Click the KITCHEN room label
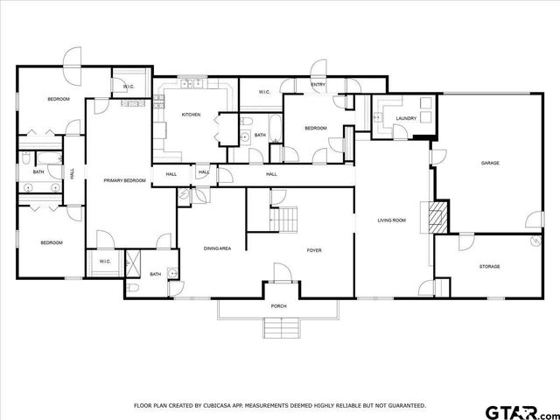click(x=191, y=115)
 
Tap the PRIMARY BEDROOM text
click(x=124, y=180)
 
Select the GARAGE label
click(x=489, y=163)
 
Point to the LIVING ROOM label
click(x=391, y=220)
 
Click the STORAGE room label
click(x=489, y=266)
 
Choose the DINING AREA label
click(x=217, y=248)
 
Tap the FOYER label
click(x=313, y=250)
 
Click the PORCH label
click(x=278, y=306)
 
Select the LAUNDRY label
click(x=405, y=118)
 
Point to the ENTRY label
click(x=318, y=85)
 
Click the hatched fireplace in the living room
click(x=436, y=216)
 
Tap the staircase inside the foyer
click(x=284, y=219)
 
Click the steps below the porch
click(x=281, y=328)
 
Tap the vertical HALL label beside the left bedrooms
click(x=72, y=173)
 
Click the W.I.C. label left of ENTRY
click(x=266, y=92)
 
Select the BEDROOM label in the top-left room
click(x=58, y=99)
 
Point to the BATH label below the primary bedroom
click(x=155, y=274)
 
